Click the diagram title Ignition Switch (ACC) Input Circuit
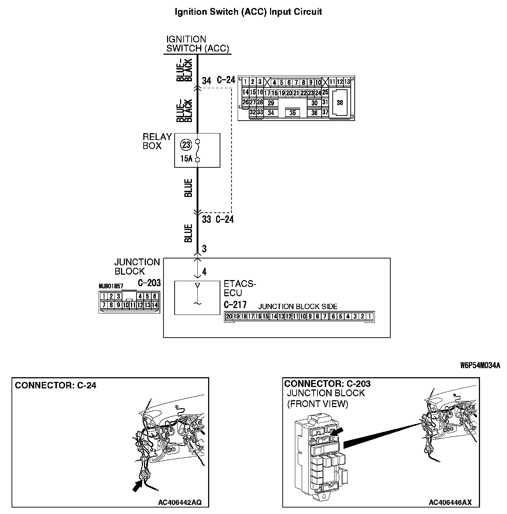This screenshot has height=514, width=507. [x=248, y=12]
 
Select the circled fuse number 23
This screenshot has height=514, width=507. [x=186, y=145]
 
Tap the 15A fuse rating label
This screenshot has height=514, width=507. [x=186, y=158]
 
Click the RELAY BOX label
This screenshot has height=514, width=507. [x=157, y=141]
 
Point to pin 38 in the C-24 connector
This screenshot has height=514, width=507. [x=340, y=103]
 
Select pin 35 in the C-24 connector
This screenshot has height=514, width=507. [x=292, y=113]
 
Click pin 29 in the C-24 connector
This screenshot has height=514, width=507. [x=271, y=103]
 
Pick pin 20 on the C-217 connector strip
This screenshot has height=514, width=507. [x=229, y=317]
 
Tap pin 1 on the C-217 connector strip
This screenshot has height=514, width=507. [x=369, y=317]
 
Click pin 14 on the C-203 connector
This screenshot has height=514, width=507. [x=155, y=305]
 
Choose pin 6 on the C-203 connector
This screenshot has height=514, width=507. [x=155, y=296]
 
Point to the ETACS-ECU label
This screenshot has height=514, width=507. [x=239, y=288]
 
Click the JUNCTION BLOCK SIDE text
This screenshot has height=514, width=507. [x=298, y=307]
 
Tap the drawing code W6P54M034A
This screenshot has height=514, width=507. [x=480, y=366]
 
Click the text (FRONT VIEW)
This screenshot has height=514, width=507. [x=318, y=404]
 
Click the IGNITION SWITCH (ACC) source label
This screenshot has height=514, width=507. [x=197, y=44]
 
